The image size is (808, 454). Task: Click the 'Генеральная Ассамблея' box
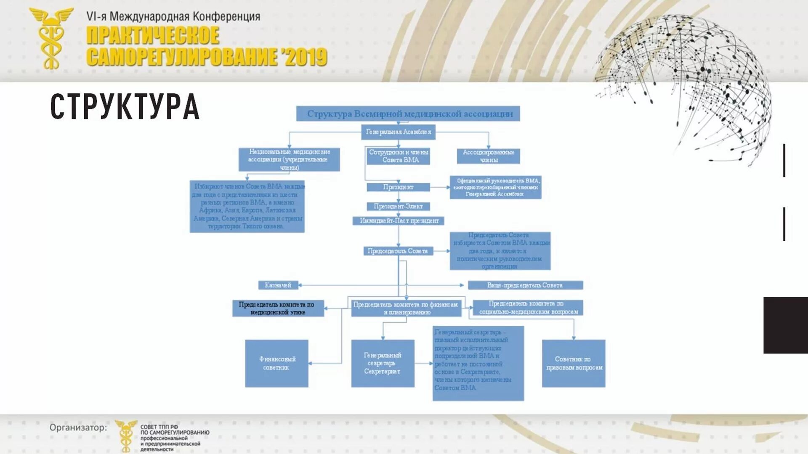click(398, 132)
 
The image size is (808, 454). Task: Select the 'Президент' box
click(398, 187)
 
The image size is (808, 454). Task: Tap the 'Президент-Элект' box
click(398, 206)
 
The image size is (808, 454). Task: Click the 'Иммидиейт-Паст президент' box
click(399, 221)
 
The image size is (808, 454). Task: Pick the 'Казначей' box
click(278, 285)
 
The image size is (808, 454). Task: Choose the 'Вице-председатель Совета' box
click(525, 285)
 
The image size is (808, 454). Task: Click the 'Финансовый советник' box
click(276, 363)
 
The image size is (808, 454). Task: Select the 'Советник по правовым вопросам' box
click(574, 363)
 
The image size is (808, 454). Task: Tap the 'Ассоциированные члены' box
click(488, 156)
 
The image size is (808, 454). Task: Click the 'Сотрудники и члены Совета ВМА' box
click(398, 156)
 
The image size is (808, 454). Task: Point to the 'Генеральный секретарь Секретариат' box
click(383, 363)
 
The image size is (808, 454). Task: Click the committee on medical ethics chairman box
click(278, 308)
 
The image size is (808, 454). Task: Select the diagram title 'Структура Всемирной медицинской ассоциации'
click(408, 113)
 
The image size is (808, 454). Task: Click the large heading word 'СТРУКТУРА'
click(125, 107)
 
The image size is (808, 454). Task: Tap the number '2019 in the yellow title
click(305, 57)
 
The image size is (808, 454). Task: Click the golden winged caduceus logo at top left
click(51, 38)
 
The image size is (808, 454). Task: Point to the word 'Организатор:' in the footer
click(78, 428)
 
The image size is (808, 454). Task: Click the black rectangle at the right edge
click(785, 325)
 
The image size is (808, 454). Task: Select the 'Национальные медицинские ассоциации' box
click(289, 159)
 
